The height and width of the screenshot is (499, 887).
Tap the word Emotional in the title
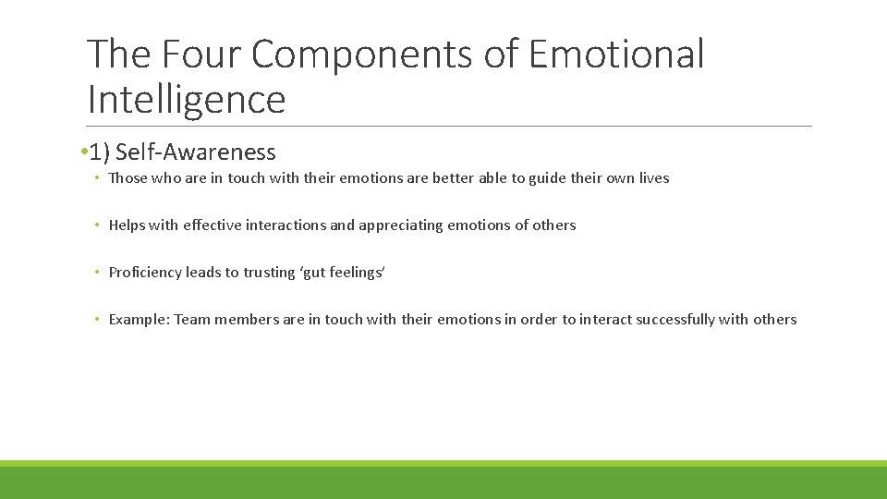click(617, 55)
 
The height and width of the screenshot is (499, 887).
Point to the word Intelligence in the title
click(186, 99)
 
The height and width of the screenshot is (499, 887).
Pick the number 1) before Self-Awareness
click(100, 152)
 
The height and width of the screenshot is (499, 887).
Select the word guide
click(547, 178)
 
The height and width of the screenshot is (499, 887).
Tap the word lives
click(653, 178)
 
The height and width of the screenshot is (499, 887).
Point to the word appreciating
click(400, 225)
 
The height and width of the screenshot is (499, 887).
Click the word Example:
click(140, 320)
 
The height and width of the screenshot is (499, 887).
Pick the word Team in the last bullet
click(192, 320)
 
